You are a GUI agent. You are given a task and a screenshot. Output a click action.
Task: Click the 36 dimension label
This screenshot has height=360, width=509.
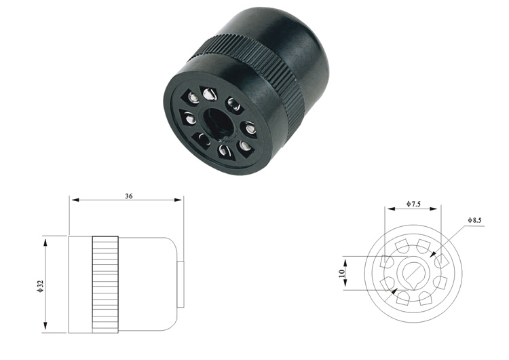click(x=129, y=196)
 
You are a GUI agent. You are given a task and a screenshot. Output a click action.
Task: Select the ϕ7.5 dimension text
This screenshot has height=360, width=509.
click(x=413, y=204)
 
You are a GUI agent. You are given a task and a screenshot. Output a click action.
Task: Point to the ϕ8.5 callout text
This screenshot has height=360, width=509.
click(x=474, y=220)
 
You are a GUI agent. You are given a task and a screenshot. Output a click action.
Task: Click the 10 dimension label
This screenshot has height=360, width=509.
click(x=341, y=273)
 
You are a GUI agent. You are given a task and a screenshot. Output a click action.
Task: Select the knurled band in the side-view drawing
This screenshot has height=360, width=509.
click(x=105, y=285)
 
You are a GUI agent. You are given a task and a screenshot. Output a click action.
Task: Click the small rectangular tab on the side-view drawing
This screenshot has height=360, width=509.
click(x=181, y=284)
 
